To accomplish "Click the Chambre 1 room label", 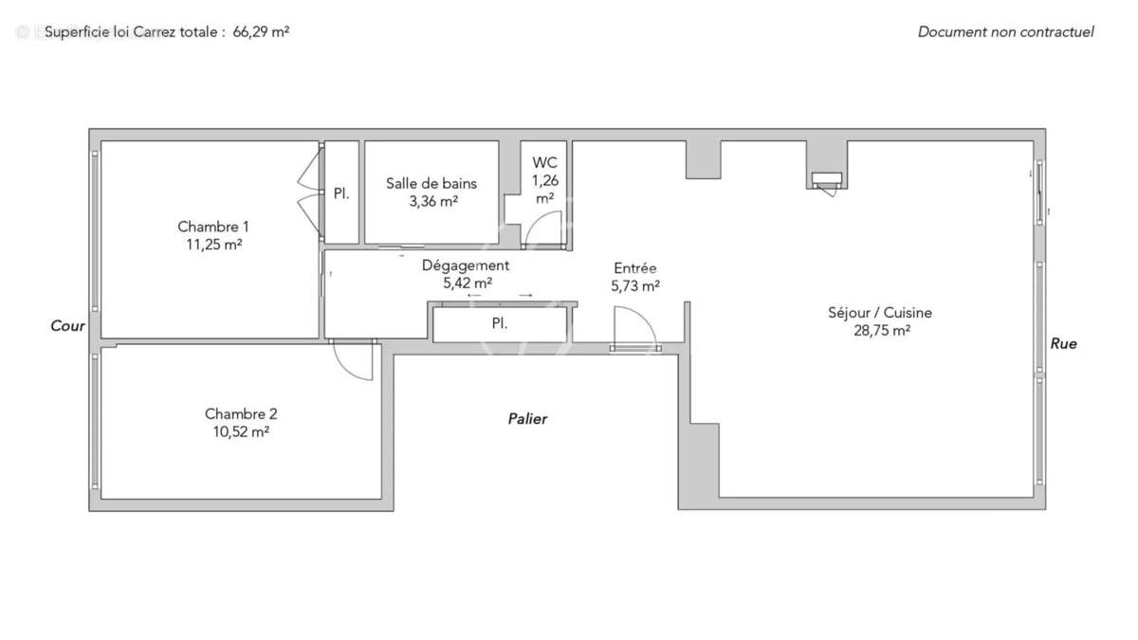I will click(x=213, y=227).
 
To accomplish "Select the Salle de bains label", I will click(x=431, y=184).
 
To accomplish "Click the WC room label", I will click(x=544, y=163).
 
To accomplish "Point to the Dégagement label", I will click(x=466, y=265).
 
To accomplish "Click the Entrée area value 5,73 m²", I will click(x=635, y=285).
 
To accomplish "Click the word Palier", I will click(x=527, y=418).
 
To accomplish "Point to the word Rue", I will click(x=1063, y=344).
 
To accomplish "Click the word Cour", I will click(x=68, y=326).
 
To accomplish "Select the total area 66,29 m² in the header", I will click(x=261, y=31).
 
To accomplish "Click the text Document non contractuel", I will click(x=1005, y=31).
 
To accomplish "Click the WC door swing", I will click(x=546, y=230).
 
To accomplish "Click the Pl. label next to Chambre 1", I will click(x=341, y=193).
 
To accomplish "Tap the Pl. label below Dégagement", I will click(x=499, y=323).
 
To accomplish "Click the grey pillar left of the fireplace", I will click(x=703, y=159).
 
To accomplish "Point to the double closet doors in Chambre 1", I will click(x=308, y=192).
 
